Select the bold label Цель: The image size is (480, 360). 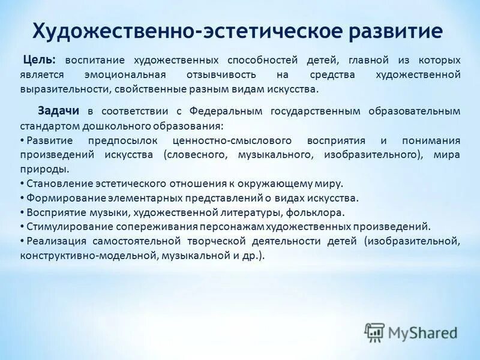[40, 61]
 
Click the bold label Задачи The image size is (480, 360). [59, 111]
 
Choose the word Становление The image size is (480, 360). [55, 184]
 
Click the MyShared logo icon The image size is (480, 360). [375, 332]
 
